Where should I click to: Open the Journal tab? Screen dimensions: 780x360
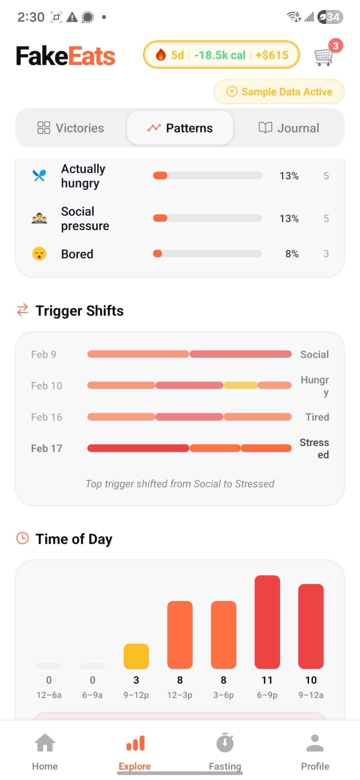pyautogui.click(x=289, y=128)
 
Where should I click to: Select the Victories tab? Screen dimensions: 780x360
pyautogui.click(x=71, y=128)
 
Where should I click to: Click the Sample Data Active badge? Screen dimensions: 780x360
pyautogui.click(x=279, y=92)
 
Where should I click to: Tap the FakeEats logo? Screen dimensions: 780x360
pyautogui.click(x=66, y=56)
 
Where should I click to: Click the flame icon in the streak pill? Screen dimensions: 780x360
pyautogui.click(x=161, y=55)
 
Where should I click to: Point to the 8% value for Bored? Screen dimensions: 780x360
pyautogui.click(x=292, y=254)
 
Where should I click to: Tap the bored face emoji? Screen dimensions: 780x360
pyautogui.click(x=39, y=254)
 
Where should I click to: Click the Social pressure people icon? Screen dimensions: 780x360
pyautogui.click(x=39, y=219)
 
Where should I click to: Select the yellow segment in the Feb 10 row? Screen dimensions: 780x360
pyautogui.click(x=240, y=385)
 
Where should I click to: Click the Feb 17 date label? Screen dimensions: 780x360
pyautogui.click(x=46, y=448)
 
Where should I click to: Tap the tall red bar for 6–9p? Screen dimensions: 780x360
pyautogui.click(x=267, y=622)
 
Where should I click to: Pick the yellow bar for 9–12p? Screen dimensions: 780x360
pyautogui.click(x=136, y=656)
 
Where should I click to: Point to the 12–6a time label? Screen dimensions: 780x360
pyautogui.click(x=49, y=695)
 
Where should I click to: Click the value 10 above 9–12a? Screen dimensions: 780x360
pyautogui.click(x=311, y=680)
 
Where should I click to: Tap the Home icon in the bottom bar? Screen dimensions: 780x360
pyautogui.click(x=45, y=743)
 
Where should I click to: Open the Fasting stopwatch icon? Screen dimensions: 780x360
pyautogui.click(x=225, y=743)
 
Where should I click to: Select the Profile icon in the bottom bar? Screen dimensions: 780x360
pyautogui.click(x=315, y=743)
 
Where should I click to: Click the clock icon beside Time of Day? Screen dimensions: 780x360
pyautogui.click(x=22, y=539)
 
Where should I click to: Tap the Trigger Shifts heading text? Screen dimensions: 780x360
pyautogui.click(x=80, y=311)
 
